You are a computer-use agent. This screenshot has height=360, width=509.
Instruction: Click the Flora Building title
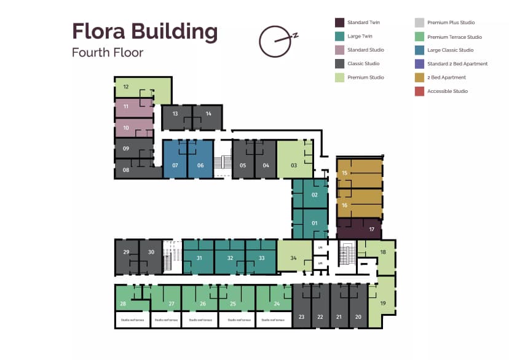click(x=144, y=31)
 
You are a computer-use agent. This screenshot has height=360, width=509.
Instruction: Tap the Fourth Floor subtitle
click(x=108, y=52)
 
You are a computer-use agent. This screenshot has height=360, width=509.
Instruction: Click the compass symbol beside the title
click(x=274, y=41)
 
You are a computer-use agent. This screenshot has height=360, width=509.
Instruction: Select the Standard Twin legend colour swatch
click(x=339, y=23)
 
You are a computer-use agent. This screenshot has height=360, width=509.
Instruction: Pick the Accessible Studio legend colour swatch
click(x=419, y=92)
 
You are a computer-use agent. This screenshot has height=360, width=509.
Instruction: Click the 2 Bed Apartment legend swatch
click(x=419, y=77)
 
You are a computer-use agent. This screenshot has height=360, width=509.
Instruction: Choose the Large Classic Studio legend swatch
click(x=419, y=50)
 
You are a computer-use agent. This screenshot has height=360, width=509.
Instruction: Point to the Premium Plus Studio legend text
click(x=452, y=23)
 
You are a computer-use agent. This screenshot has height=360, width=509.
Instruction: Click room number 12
click(x=125, y=87)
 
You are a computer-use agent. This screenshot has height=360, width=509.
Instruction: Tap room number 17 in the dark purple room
click(x=371, y=229)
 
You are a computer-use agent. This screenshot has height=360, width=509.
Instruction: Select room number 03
click(x=294, y=165)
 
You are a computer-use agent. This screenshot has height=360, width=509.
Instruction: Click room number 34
click(x=293, y=258)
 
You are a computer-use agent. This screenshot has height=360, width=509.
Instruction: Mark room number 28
click(x=123, y=303)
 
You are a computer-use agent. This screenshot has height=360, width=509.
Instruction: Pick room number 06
click(x=200, y=165)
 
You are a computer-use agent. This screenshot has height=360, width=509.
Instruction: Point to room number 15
click(x=345, y=173)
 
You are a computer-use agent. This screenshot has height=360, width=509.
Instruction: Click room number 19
click(x=382, y=303)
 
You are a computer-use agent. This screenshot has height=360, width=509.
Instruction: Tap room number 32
click(x=230, y=258)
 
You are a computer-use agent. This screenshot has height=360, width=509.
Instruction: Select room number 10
click(x=125, y=128)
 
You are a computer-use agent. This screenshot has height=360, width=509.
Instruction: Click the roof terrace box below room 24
click(x=272, y=320)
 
